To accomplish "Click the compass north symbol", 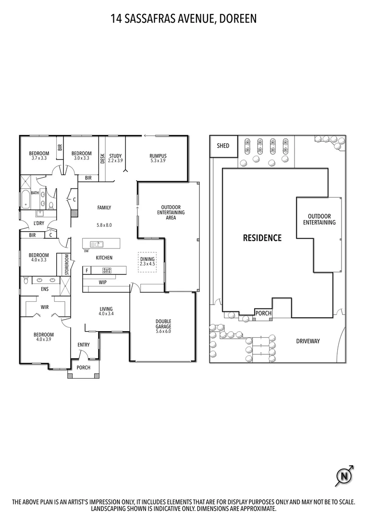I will pos(343,476).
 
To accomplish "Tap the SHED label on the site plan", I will pos(223,146).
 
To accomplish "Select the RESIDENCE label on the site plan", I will pos(262,237).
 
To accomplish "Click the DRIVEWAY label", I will pos(308,341).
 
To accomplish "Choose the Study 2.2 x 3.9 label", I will pos(115,158).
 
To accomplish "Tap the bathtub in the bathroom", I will pos(25,199).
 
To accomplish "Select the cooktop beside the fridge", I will pos(107,270).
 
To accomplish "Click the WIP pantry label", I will pos(103,282).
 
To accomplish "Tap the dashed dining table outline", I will pos(147,261).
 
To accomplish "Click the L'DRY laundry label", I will pos(39,223).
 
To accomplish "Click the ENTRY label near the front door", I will pos(84,345).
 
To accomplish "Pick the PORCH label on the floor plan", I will pos(83,368).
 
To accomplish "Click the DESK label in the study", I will pos(102,159).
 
